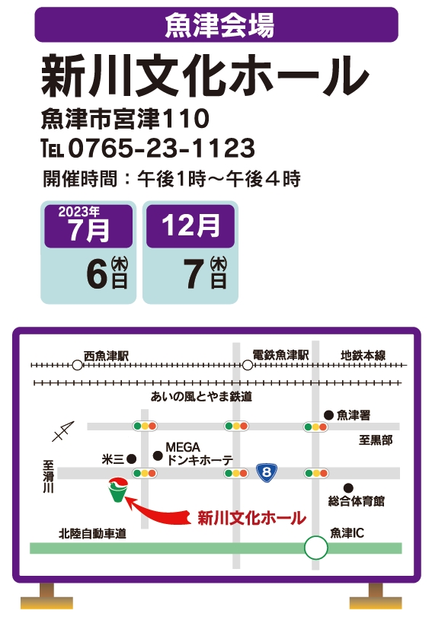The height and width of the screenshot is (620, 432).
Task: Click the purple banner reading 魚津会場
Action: (216, 24)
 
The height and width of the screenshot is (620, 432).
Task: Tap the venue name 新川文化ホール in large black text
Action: (204, 77)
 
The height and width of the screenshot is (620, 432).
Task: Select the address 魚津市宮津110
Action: (125, 119)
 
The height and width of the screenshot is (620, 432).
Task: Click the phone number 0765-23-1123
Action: (162, 149)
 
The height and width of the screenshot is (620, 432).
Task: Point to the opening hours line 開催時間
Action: (171, 179)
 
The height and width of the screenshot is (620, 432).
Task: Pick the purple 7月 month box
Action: (88, 226)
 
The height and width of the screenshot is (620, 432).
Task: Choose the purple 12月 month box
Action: (190, 226)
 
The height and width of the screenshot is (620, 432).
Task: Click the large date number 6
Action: (97, 274)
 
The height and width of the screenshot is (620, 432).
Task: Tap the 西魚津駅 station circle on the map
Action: (77, 365)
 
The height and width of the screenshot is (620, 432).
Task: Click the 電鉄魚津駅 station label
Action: (280, 355)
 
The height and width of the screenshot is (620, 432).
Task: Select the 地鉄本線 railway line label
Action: (363, 355)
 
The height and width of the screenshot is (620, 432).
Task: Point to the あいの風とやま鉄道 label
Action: (201, 396)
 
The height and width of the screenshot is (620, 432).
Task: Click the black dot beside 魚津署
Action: (328, 415)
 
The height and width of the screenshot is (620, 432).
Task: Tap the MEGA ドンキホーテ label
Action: (199, 454)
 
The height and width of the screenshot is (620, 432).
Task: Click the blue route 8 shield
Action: (267, 472)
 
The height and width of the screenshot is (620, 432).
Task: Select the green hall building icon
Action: (118, 490)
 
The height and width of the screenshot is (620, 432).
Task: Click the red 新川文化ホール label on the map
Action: (251, 518)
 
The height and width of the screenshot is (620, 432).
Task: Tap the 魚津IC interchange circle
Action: (315, 548)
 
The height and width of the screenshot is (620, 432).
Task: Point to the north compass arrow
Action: (63, 431)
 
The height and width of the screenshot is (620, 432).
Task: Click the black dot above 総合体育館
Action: (348, 488)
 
